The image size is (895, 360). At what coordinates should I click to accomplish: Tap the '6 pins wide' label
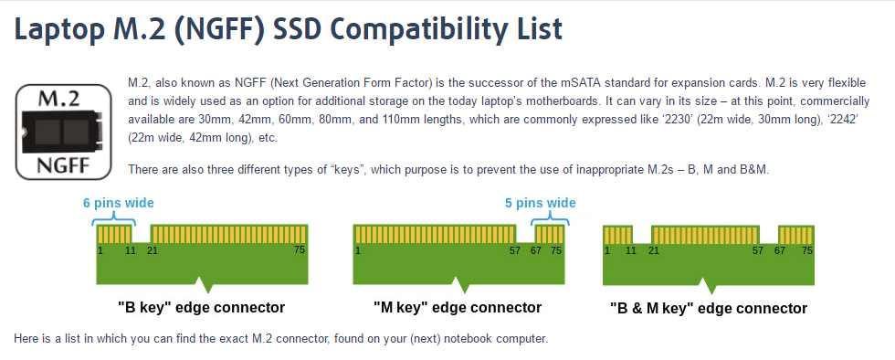tap(118, 203)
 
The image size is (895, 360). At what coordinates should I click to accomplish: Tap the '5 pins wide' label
tap(540, 203)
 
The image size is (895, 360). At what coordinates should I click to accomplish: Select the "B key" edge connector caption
tap(202, 307)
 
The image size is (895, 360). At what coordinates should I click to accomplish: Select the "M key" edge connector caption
tap(458, 307)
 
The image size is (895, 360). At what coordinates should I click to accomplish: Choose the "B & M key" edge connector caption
tap(709, 308)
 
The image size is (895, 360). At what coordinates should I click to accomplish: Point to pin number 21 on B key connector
tap(153, 249)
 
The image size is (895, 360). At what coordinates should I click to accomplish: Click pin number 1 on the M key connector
tap(358, 249)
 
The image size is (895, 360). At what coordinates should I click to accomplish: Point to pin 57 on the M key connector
tap(517, 249)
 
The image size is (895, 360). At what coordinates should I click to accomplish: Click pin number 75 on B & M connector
tap(806, 249)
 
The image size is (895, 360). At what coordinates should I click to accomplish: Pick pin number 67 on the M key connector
tap(536, 249)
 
